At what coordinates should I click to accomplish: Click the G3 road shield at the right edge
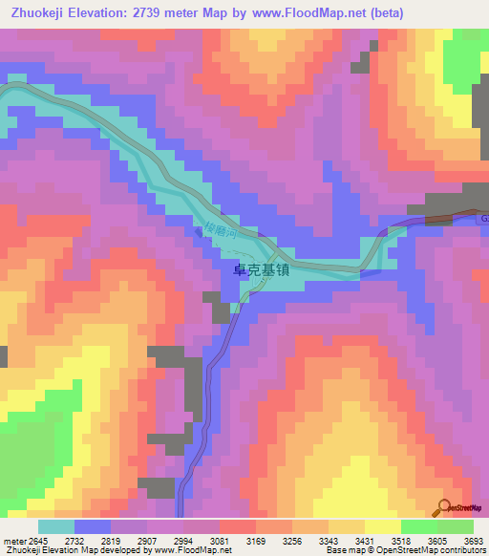click(x=483, y=220)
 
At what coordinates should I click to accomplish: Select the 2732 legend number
click(x=74, y=541)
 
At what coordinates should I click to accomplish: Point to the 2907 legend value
click(x=146, y=541)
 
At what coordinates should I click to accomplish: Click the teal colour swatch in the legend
click(x=56, y=526)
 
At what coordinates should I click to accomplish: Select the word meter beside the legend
click(x=13, y=541)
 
